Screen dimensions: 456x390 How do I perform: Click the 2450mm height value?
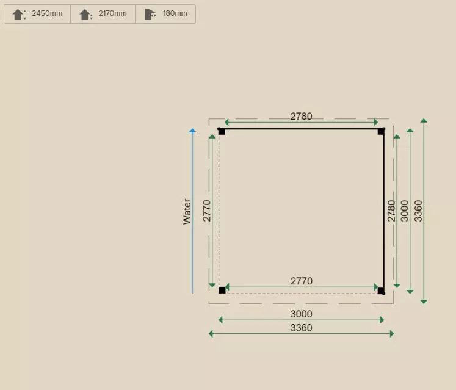coord(47,13)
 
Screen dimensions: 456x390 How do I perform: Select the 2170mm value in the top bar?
coord(112,13)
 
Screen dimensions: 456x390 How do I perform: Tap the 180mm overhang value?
coord(175,13)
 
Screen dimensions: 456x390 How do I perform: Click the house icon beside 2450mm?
coord(19,14)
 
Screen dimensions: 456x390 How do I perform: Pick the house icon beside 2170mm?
coord(86,14)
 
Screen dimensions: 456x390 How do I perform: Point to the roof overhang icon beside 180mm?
coord(150,14)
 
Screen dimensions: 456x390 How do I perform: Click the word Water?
coord(187,212)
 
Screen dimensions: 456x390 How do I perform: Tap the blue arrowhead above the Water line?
coord(192,131)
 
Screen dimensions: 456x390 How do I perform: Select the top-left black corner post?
coord(222,131)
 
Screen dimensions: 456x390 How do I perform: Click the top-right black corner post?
coord(381,131)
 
